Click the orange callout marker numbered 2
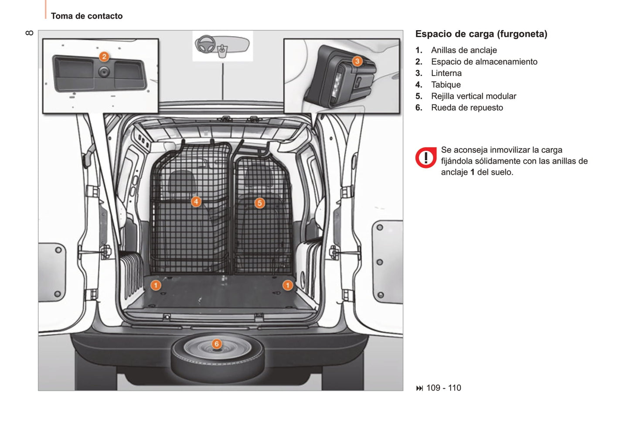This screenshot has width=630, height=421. [104, 56]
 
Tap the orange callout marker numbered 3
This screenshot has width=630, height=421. [357, 61]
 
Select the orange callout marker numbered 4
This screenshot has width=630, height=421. [196, 201]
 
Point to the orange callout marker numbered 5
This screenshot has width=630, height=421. [259, 203]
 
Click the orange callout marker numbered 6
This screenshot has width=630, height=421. [216, 344]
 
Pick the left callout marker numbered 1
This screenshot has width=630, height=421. [156, 285]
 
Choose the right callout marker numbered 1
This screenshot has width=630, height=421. [287, 285]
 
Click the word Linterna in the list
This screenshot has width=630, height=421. [446, 73]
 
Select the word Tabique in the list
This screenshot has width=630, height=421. [446, 85]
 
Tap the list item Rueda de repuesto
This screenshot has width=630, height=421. [467, 108]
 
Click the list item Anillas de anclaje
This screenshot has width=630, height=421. [463, 50]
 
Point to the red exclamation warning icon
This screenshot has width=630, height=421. [426, 158]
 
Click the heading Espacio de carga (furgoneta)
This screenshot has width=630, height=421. [481, 34]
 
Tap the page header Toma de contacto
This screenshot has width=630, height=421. [87, 16]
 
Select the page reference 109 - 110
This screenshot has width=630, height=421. [443, 388]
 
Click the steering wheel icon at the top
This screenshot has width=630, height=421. [205, 44]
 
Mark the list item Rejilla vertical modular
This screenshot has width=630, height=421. [473, 96]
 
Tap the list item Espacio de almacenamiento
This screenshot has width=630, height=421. [484, 62]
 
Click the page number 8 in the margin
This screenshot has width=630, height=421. [29, 33]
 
